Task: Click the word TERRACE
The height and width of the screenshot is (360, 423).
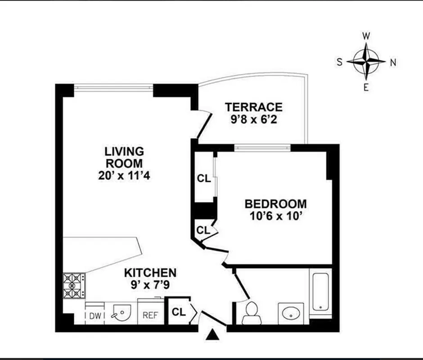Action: (x=254, y=107)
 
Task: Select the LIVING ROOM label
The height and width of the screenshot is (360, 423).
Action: (x=124, y=157)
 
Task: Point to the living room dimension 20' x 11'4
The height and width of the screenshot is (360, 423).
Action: (x=124, y=175)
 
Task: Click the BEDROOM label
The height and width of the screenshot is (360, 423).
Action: (x=275, y=204)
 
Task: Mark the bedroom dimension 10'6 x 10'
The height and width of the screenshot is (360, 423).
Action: (x=275, y=216)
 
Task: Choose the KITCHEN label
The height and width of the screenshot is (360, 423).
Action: (x=150, y=273)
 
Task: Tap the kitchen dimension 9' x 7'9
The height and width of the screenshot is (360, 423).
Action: (x=150, y=284)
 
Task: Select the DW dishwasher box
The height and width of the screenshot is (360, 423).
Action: (x=94, y=315)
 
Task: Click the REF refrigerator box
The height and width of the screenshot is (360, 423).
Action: (x=150, y=315)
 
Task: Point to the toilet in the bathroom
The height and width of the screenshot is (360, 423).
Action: (x=251, y=312)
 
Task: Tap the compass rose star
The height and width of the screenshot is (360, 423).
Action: (x=367, y=61)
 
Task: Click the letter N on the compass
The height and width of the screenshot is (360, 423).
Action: (x=392, y=63)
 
